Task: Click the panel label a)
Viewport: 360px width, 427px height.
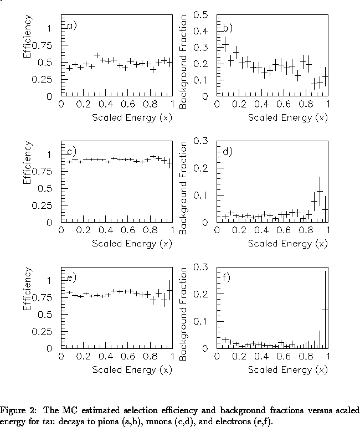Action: click(71, 25)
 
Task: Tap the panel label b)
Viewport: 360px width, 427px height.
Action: click(227, 27)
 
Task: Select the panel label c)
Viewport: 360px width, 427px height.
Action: click(71, 151)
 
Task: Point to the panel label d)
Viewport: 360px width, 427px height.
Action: click(227, 151)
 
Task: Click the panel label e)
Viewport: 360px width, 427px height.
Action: click(71, 277)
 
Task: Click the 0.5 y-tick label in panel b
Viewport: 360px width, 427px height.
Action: click(200, 14)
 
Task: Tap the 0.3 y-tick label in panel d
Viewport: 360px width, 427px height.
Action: click(200, 141)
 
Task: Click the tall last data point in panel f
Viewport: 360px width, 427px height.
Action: click(325, 310)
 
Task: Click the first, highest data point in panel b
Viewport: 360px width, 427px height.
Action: click(225, 44)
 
